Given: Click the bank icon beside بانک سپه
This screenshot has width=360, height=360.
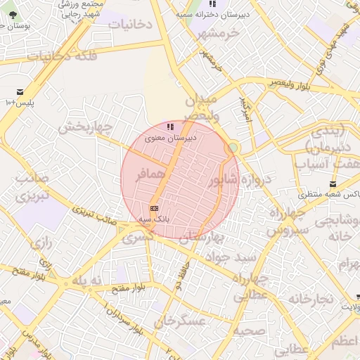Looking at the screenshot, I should coord(154,208).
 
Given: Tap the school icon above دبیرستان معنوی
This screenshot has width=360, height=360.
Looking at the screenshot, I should coord(169,127).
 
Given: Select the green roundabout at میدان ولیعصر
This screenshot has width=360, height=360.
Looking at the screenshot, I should coord(233,148).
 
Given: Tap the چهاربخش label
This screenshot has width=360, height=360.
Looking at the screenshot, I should coord(85,127).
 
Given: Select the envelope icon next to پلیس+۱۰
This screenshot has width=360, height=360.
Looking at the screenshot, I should coord(18,92).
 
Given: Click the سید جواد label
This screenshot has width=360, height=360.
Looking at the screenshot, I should coord(236,257).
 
